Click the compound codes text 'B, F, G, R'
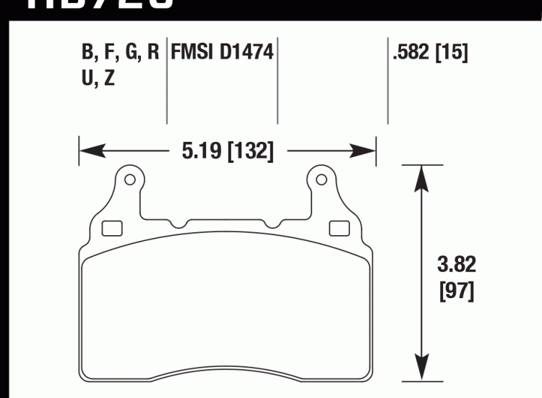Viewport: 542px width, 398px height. click(120, 54)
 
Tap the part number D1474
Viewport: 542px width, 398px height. click(247, 54)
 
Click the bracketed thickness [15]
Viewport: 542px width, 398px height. click(452, 54)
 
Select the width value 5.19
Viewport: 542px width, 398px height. click(198, 151)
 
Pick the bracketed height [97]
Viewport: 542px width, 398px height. click(457, 292)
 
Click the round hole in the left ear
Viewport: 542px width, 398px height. click(130, 179)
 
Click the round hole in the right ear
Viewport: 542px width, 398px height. click(318, 179)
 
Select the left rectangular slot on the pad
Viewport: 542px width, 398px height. click(112, 229)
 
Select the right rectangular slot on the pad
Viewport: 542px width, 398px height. click(338, 229)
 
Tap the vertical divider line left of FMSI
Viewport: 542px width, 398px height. click(167, 80)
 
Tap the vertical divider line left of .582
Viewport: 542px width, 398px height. click(388, 80)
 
